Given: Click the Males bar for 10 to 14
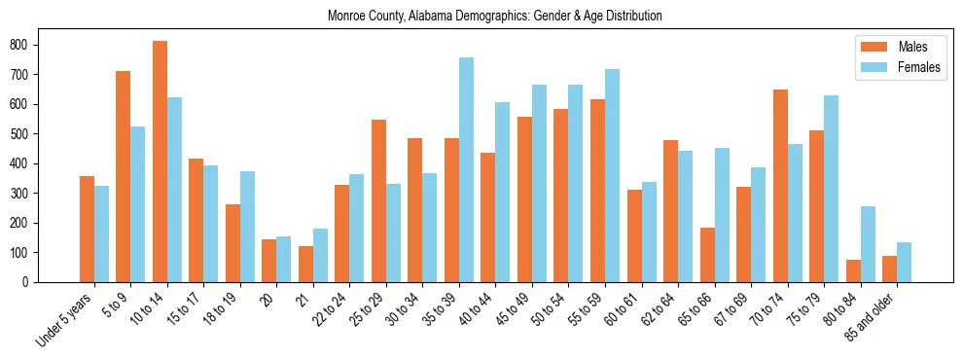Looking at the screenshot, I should coord(160,162).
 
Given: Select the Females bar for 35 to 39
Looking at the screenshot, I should coord(467,169).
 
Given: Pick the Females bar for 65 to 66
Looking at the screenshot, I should coord(722,215).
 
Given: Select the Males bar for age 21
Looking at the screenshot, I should coord(305,264).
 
